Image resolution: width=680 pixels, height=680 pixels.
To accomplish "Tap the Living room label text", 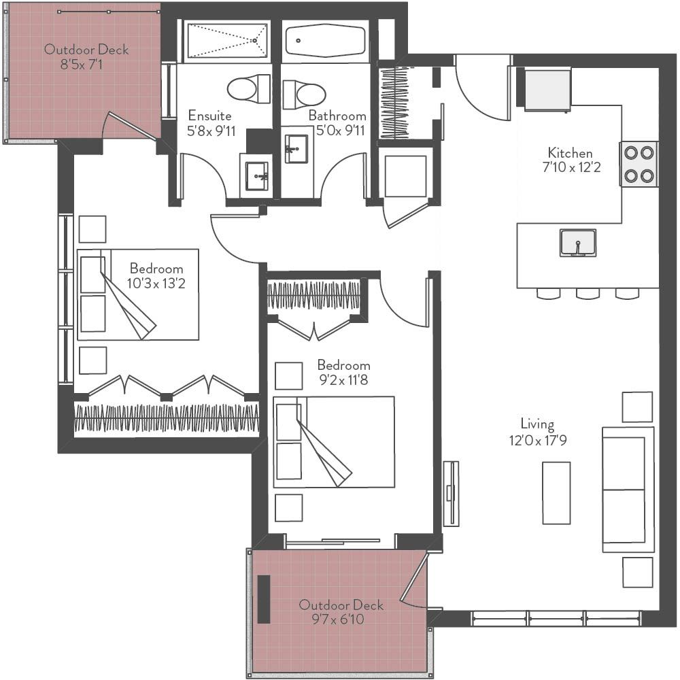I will tap(537, 424).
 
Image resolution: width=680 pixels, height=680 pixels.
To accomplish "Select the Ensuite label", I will tap(209, 116).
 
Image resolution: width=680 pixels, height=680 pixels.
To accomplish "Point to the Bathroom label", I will tap(337, 116).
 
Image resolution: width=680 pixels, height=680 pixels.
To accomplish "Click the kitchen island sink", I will tap(577, 243).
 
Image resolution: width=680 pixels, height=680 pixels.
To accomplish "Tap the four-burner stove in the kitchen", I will tap(639, 164).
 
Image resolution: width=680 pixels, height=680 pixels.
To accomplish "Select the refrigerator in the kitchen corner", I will tap(547, 90).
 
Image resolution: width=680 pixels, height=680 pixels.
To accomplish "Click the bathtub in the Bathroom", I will tap(326, 41).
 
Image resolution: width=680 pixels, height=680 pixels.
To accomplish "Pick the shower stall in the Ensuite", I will tap(227, 41).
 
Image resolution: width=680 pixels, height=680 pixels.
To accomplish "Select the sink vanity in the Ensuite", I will tap(256, 175).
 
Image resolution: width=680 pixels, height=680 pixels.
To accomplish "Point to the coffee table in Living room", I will tap(556, 493).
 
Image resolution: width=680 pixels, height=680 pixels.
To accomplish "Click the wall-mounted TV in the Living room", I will tap(450, 493).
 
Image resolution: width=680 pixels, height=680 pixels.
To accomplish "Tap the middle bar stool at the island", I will tap(588, 294).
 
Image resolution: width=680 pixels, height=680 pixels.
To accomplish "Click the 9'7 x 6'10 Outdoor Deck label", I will tap(341, 611).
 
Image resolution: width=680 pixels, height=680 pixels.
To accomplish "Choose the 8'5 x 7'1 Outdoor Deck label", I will tap(86, 57).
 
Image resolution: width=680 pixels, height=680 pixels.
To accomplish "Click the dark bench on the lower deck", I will tap(264, 598).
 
